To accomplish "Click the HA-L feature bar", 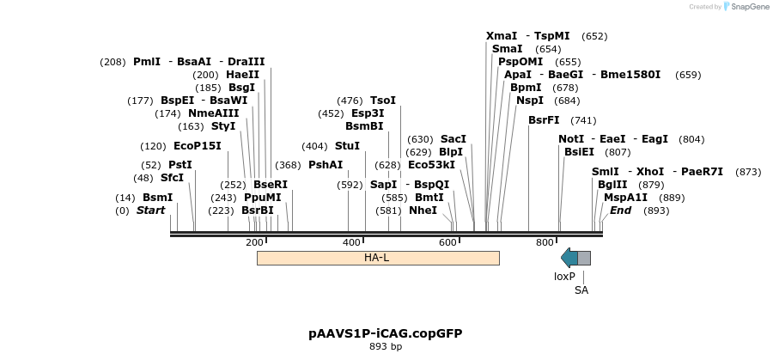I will (378, 258).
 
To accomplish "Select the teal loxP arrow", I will (569, 258).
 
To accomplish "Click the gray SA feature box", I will (584, 258).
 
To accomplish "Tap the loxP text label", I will (564, 277).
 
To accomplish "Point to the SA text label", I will (581, 290).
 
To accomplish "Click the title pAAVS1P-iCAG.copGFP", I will (379, 333).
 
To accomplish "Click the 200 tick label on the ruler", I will (254, 243).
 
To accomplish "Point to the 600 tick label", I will (448, 243).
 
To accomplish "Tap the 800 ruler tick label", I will (545, 243).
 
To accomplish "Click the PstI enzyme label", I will (180, 165).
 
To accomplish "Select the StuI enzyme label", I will (347, 146).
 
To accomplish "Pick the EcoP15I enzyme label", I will (198, 146).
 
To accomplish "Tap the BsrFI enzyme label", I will (544, 120).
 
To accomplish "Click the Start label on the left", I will (150, 211).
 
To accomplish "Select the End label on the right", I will (621, 211).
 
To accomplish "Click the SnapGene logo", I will (746, 6).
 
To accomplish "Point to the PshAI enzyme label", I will (326, 165).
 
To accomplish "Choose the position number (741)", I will (583, 120).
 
